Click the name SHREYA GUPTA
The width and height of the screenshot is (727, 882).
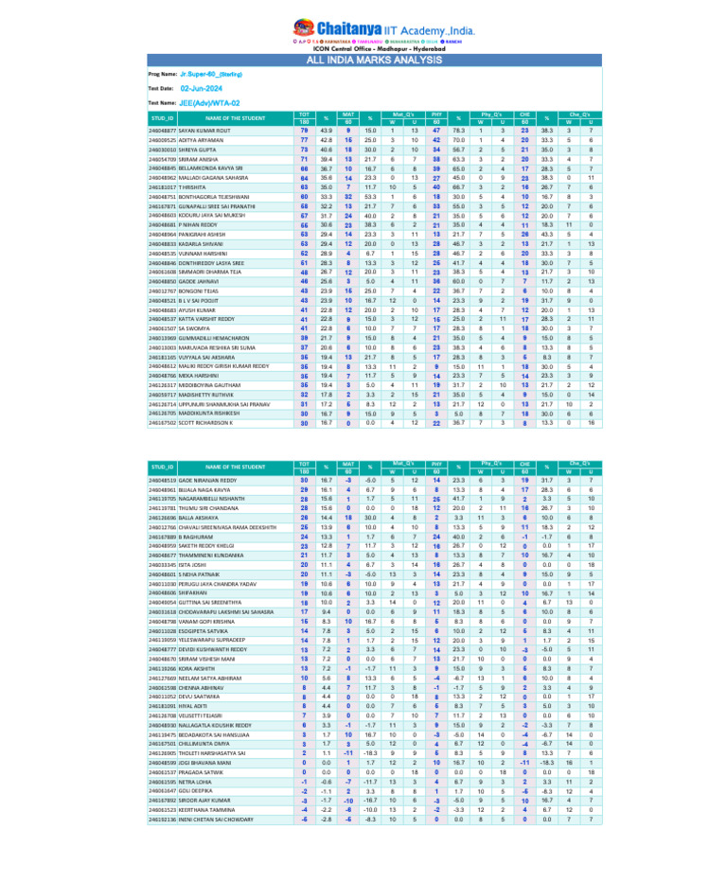[202, 149]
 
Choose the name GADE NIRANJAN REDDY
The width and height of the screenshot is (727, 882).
[213, 481]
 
